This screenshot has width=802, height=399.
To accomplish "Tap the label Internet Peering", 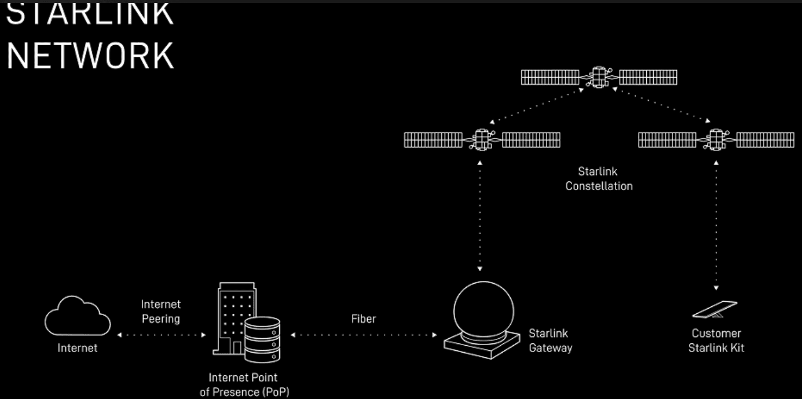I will click(x=160, y=312).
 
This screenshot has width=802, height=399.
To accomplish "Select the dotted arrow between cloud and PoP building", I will click(x=162, y=335).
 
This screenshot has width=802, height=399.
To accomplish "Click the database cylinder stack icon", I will click(x=262, y=338).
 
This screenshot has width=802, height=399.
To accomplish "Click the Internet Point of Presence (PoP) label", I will click(x=244, y=385).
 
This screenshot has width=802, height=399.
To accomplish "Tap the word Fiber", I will click(x=364, y=319).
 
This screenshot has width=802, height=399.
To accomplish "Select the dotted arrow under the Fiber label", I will click(x=364, y=335).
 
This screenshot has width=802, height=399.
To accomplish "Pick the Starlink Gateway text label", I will click(x=550, y=341).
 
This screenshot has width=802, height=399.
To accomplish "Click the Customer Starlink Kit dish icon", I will click(x=715, y=309).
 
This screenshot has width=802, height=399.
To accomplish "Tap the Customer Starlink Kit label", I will click(x=716, y=341).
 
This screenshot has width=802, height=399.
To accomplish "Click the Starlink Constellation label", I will click(x=599, y=179).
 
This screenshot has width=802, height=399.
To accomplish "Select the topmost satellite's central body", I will click(x=599, y=76).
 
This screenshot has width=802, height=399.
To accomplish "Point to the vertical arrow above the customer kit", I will click(x=716, y=226).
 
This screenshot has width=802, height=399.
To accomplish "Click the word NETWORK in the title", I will click(x=90, y=55).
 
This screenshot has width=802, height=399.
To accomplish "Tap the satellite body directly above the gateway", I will click(x=482, y=140).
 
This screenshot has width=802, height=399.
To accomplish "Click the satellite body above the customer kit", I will click(x=716, y=140).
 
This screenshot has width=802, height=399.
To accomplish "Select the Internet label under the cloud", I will click(x=78, y=348).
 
